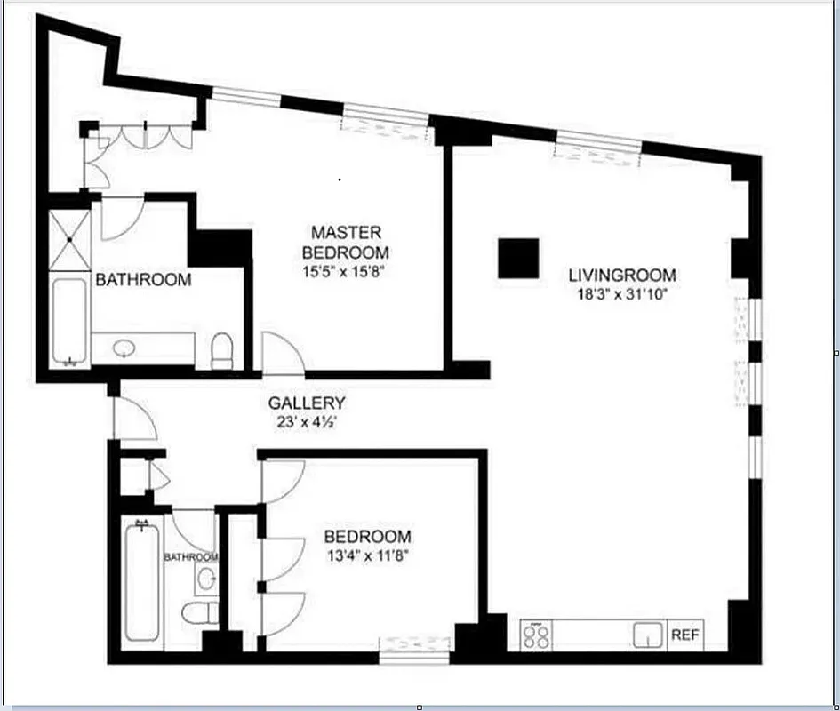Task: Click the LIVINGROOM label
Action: [x=622, y=276]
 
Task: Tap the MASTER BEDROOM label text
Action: [x=346, y=242]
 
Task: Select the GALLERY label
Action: [x=307, y=403]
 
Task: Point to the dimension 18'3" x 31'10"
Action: [x=622, y=294]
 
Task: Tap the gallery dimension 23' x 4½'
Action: [x=307, y=422]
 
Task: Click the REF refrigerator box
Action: [x=684, y=635]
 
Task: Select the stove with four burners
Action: [x=540, y=635]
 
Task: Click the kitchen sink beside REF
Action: [x=648, y=635]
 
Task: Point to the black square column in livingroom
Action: [x=518, y=259]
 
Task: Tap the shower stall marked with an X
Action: [x=68, y=238]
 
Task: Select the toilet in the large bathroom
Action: [x=222, y=350]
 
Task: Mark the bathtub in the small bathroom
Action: [x=142, y=582]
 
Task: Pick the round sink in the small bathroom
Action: [x=206, y=579]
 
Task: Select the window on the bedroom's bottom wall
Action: [x=414, y=646]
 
